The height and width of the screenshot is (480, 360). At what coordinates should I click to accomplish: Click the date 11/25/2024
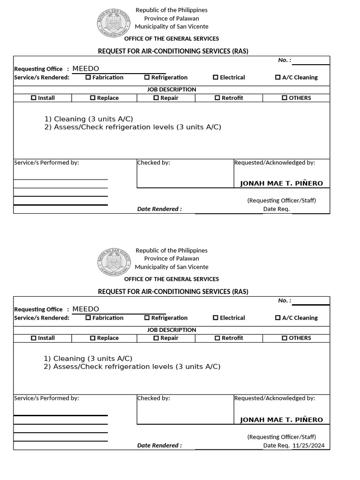click(308, 446)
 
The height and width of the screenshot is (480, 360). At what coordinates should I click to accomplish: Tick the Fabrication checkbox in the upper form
click(88, 77)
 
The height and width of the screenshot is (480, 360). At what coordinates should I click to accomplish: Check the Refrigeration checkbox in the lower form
click(147, 318)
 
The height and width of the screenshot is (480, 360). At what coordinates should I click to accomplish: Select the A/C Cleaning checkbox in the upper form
click(278, 77)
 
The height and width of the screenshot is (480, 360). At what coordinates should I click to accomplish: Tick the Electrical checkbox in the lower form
click(216, 318)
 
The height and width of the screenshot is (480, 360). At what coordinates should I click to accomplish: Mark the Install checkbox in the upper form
click(33, 98)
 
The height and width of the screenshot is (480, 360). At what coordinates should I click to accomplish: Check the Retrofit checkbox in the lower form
click(217, 338)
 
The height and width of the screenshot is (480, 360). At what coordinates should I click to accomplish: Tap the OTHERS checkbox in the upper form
click(285, 98)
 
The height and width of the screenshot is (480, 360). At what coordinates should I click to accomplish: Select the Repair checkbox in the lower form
click(156, 338)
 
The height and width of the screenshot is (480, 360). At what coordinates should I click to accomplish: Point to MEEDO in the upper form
click(86, 68)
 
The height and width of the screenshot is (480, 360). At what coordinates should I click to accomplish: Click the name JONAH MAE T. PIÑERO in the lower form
click(281, 420)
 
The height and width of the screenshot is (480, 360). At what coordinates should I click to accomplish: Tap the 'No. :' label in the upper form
click(285, 60)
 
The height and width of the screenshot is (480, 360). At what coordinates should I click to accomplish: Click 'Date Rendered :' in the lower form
click(159, 446)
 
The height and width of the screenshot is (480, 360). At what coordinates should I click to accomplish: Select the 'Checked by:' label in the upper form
click(154, 163)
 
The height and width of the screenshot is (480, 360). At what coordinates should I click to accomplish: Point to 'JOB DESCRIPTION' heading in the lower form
click(172, 330)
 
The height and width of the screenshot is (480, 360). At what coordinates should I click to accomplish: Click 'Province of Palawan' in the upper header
click(172, 18)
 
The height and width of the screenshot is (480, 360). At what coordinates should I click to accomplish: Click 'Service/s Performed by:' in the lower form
click(46, 398)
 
